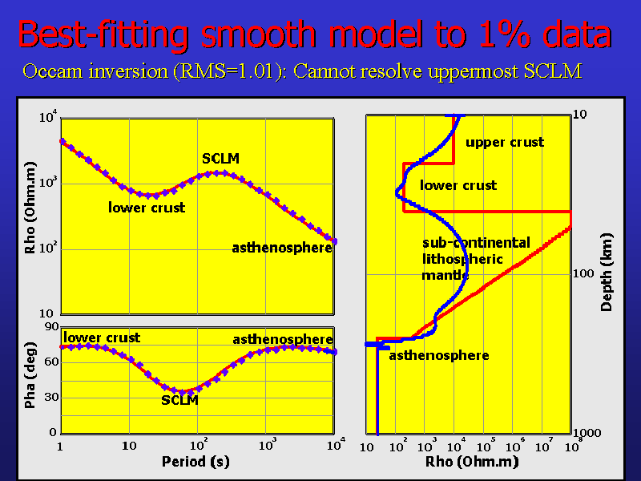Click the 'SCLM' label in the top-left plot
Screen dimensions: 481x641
coord(220,159)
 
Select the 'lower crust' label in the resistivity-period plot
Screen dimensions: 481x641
coord(147,208)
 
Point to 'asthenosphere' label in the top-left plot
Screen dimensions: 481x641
coord(282,248)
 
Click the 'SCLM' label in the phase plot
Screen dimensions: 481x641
coord(179,400)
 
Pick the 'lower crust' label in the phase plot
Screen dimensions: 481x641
coord(102,338)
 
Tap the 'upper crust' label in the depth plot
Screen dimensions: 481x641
coord(505,142)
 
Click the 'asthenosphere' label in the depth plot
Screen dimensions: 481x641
coord(439,355)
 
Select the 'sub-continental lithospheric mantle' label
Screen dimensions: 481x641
coord(465,259)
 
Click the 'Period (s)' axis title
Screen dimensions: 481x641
coord(196,461)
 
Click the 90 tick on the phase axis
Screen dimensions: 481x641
coord(50,326)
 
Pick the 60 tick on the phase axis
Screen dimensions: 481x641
coord(50,362)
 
